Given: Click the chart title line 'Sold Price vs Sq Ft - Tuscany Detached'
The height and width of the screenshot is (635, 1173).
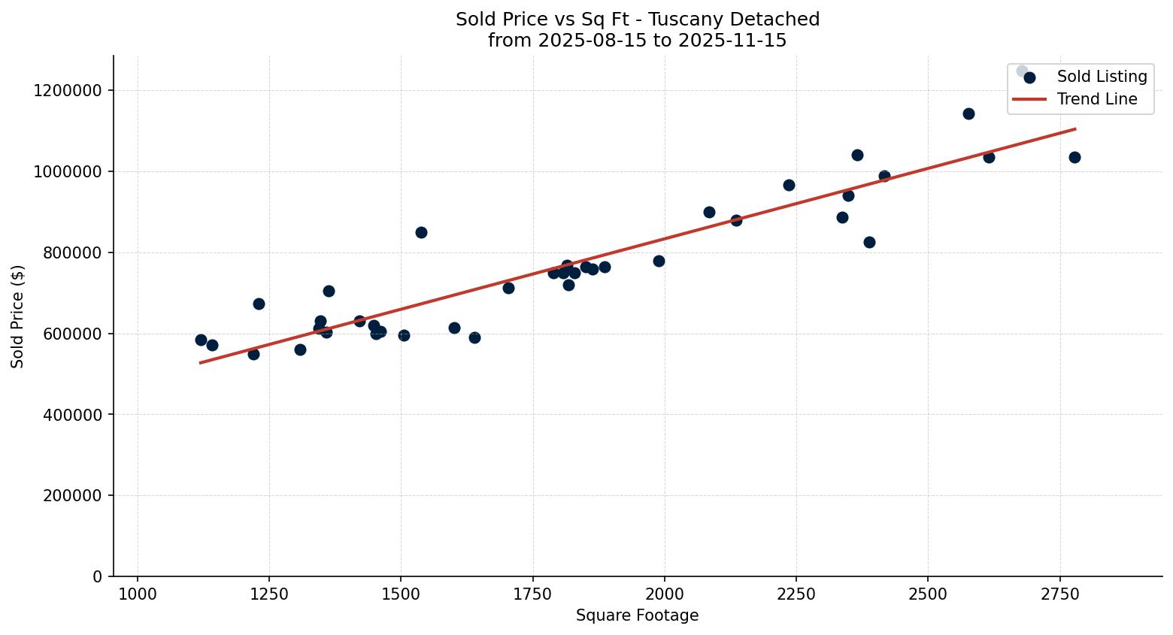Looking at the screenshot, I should click(x=637, y=20).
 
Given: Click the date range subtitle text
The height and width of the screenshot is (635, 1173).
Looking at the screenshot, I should click(x=637, y=41).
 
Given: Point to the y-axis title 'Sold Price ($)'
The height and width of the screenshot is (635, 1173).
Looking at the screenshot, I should click(x=18, y=316).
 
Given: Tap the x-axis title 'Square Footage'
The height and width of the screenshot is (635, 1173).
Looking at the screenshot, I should click(x=637, y=616).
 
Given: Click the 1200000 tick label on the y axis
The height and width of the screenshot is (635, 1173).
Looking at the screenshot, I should click(x=68, y=91).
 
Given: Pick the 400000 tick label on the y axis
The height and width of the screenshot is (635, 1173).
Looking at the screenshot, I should click(x=68, y=415).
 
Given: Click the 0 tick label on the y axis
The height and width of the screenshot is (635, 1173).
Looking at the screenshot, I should click(x=97, y=577).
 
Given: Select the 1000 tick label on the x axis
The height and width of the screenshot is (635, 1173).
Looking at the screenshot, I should click(x=138, y=595).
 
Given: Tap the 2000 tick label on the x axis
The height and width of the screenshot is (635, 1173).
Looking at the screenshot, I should click(x=665, y=595).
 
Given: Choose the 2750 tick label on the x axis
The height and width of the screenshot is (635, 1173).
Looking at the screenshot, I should click(x=1060, y=595).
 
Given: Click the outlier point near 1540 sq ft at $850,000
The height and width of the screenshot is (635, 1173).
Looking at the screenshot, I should click(x=421, y=232).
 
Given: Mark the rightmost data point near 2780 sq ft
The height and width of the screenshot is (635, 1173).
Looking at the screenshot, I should click(x=1074, y=157).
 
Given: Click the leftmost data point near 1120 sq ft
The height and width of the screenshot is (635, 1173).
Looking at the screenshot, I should click(x=201, y=340).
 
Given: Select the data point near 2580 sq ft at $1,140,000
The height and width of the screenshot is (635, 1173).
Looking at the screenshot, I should click(x=968, y=113).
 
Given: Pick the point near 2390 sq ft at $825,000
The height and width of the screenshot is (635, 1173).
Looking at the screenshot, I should click(x=869, y=242).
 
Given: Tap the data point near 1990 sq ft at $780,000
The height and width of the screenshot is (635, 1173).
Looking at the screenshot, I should click(x=659, y=261).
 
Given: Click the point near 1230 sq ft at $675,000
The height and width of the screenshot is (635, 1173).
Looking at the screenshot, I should click(x=259, y=304).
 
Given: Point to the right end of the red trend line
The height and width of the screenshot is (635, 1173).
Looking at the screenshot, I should click(x=1074, y=129).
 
